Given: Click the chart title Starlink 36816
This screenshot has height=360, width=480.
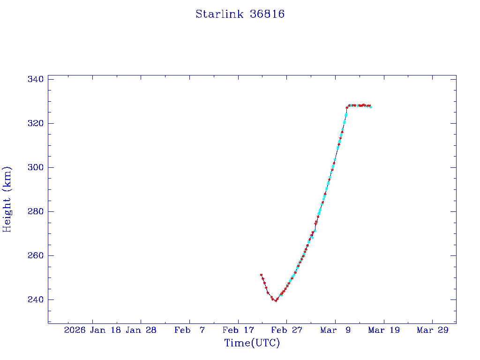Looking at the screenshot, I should pyautogui.click(x=240, y=14).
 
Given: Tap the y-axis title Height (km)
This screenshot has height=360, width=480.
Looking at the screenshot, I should pyautogui.click(x=7, y=199).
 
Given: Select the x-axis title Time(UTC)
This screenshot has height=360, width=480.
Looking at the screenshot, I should pyautogui.click(x=252, y=343).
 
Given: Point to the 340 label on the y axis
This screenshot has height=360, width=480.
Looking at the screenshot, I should pyautogui.click(x=36, y=79).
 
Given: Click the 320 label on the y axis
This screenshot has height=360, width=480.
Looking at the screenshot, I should pyautogui.click(x=36, y=123).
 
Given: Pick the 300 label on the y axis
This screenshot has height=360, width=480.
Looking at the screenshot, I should pyautogui.click(x=36, y=167).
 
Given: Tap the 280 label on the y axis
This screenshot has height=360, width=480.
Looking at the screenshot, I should pyautogui.click(x=36, y=211).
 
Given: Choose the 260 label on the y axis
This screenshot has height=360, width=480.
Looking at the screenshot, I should pyautogui.click(x=36, y=255).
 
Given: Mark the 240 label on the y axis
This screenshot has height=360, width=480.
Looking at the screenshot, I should pyautogui.click(x=36, y=300).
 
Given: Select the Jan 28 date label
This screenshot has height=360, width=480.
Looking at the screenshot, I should pyautogui.click(x=141, y=330).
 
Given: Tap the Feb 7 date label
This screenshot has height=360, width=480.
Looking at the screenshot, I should pyautogui.click(x=189, y=330).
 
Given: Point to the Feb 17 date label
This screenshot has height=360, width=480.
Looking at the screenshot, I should pyautogui.click(x=238, y=330).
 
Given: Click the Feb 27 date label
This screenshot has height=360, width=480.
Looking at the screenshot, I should pyautogui.click(x=287, y=330).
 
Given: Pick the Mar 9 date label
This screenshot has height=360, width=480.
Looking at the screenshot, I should pyautogui.click(x=335, y=330).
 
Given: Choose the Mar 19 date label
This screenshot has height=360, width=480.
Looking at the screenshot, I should pyautogui.click(x=384, y=330).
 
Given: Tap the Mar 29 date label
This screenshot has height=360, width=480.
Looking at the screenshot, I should pyautogui.click(x=433, y=330).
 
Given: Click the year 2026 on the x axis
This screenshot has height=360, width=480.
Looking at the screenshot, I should pyautogui.click(x=75, y=330).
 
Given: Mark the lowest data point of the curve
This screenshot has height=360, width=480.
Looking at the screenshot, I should pyautogui.click(x=276, y=300).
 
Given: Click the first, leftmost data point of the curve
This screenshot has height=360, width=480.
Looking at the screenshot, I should pyautogui.click(x=261, y=275).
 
